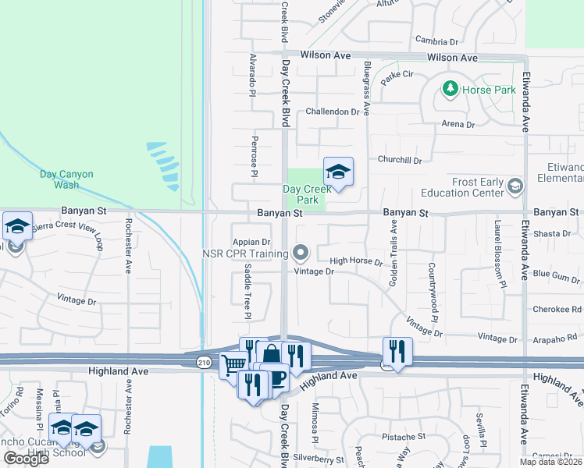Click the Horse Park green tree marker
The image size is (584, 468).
point(450,89)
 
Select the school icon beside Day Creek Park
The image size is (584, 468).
point(338,172)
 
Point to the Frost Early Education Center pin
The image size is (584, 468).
point(515,186)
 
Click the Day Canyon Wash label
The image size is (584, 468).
point(66,179)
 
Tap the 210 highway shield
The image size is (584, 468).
point(204,362)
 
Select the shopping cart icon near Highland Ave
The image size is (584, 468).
point(233,365)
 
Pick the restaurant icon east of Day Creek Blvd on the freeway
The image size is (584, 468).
point(397,351)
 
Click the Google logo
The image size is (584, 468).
point(26,459)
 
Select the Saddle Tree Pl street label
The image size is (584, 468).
point(246,290)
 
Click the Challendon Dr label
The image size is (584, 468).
point(337,112)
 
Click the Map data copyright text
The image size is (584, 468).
point(550,461)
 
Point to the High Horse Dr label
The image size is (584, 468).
point(356,262)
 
